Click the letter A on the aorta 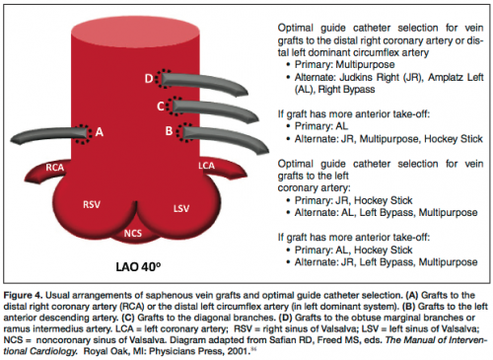(99, 128)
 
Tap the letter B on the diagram (170, 129)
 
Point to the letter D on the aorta (148, 77)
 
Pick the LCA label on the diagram (206, 165)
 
